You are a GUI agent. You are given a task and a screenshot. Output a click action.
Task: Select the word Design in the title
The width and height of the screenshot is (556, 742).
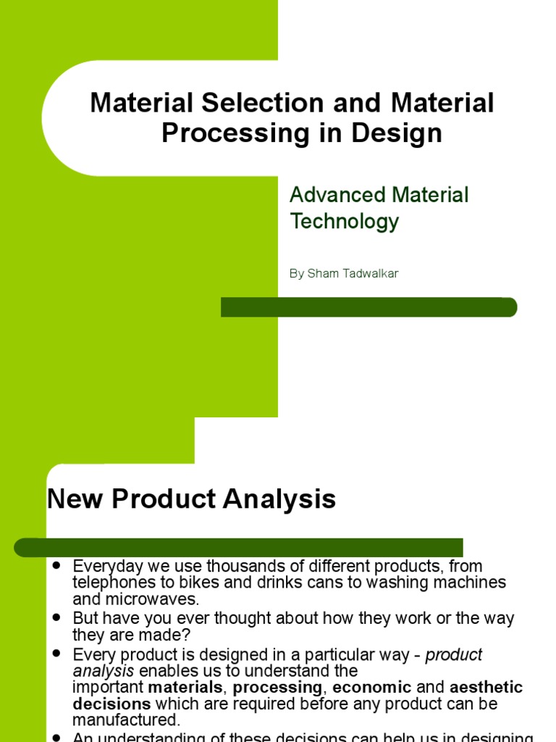click(x=403, y=134)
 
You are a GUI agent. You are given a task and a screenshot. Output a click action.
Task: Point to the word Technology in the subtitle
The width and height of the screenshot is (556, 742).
click(x=344, y=221)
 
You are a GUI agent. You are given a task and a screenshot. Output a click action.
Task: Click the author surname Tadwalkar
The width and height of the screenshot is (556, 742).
click(x=375, y=274)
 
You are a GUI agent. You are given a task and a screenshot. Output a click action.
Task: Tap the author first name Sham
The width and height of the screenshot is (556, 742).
click(x=321, y=274)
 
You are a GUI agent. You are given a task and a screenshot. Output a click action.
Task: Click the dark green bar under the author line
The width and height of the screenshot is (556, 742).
click(x=368, y=307)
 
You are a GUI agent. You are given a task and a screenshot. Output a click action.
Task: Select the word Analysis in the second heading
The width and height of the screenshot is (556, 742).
click(x=285, y=499)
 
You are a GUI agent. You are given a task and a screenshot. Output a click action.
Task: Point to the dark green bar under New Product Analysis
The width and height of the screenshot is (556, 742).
click(x=239, y=547)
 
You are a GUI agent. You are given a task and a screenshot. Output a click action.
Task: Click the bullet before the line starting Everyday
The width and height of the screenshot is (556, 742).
click(x=56, y=564)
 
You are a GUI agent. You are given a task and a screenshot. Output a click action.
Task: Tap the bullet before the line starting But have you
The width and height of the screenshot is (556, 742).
click(x=56, y=618)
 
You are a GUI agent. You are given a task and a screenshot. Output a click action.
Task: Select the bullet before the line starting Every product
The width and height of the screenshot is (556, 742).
click(x=56, y=654)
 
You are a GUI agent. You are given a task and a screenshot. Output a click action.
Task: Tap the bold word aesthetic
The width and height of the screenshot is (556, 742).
click(x=486, y=687)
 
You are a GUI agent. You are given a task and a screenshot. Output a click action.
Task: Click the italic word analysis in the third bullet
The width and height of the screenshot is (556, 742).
click(x=104, y=671)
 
